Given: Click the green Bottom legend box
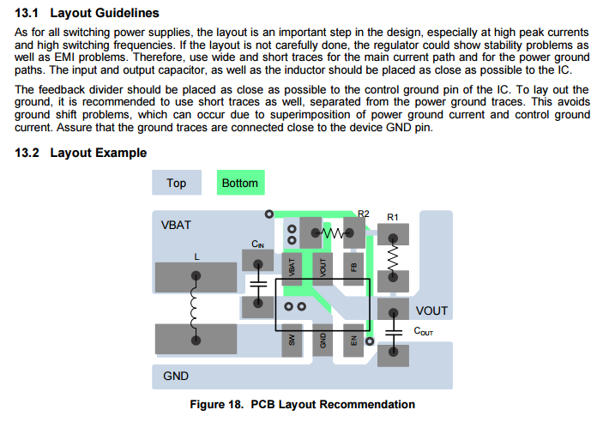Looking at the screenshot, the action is tap(241, 183).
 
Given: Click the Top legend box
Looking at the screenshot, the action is tap(177, 183).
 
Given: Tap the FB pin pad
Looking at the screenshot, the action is tap(353, 268).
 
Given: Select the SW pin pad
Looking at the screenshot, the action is tap(292, 340).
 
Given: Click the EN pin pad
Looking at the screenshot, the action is tap(353, 340).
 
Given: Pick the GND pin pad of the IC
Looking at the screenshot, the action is tap(323, 340).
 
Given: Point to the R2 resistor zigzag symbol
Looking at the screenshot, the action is tap(333, 232).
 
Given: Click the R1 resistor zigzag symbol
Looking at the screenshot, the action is tap(393, 257).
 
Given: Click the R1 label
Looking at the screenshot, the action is tap(393, 217).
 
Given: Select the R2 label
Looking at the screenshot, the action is tap(364, 214).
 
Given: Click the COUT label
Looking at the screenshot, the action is tap(424, 331).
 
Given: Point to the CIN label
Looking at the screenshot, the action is tap(257, 244).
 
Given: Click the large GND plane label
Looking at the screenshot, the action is tap(176, 376).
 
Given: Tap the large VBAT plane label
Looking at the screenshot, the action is tap(176, 225).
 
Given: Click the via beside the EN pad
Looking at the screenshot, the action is tap(370, 341).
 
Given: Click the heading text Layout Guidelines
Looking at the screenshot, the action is tap(105, 13).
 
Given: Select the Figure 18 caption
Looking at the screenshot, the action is tap(303, 404).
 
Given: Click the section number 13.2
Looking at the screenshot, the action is tap(27, 153).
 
